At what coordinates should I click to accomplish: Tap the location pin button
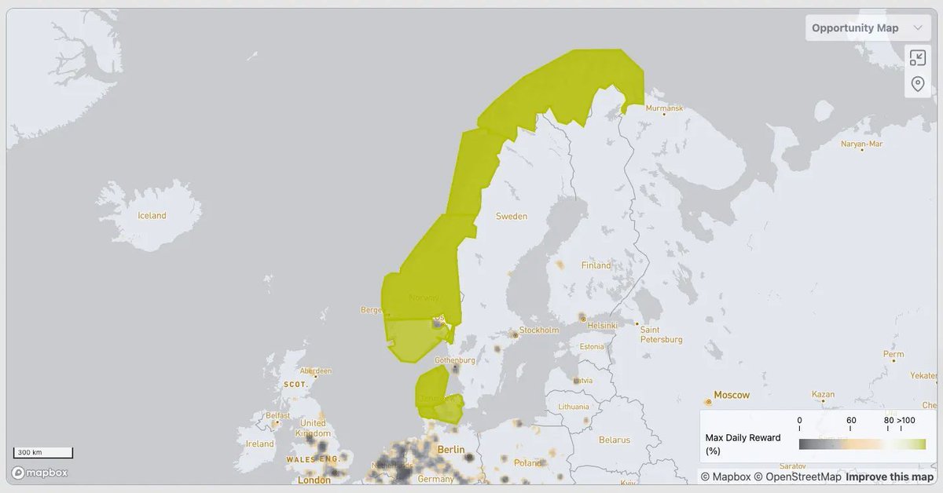pyautogui.click(x=917, y=84)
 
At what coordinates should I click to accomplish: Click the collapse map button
pyautogui.click(x=917, y=57)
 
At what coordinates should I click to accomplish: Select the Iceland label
pyautogui.click(x=152, y=216)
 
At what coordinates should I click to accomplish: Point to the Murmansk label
pyautogui.click(x=664, y=108)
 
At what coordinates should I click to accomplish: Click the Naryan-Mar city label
pyautogui.click(x=861, y=144)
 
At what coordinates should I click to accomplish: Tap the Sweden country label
pyautogui.click(x=512, y=216)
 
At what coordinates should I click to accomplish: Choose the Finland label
pyautogui.click(x=596, y=265)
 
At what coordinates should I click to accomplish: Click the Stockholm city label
pyautogui.click(x=539, y=330)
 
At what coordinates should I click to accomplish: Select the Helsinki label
pyautogui.click(x=603, y=325)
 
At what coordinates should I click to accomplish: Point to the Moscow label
pyautogui.click(x=731, y=395)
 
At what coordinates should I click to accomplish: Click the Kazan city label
pyautogui.click(x=823, y=394)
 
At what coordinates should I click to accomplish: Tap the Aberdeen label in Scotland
pyautogui.click(x=316, y=371)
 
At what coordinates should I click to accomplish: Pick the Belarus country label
pyautogui.click(x=614, y=440)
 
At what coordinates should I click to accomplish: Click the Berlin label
pyautogui.click(x=451, y=450)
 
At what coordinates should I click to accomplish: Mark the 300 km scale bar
pyautogui.click(x=43, y=453)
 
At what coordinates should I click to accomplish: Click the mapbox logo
pyautogui.click(x=39, y=473)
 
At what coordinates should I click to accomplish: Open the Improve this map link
pyautogui.click(x=890, y=477)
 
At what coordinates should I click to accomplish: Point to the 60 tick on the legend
pyautogui.click(x=851, y=421)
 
